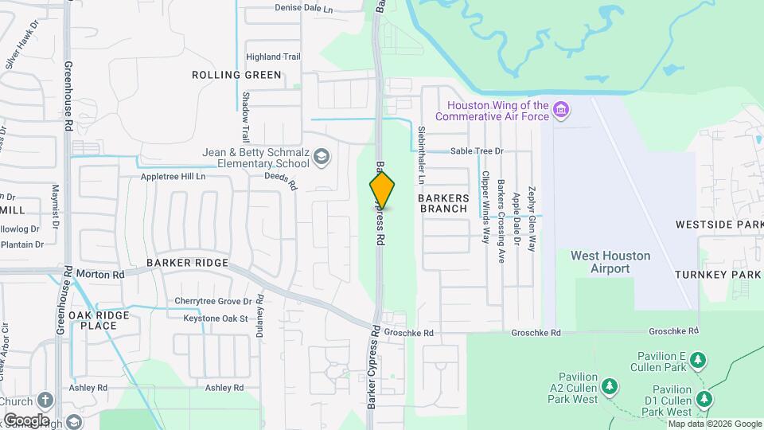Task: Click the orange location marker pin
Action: point(382,190)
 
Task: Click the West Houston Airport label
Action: point(610,262)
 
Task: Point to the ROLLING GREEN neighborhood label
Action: point(236,75)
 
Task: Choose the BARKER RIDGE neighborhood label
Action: point(188,263)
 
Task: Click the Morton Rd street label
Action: point(100,274)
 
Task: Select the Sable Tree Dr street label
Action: point(477,150)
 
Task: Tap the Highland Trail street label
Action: point(273,57)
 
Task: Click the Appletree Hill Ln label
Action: point(173,176)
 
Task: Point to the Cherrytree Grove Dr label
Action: point(213,302)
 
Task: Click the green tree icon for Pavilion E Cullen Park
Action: point(698,360)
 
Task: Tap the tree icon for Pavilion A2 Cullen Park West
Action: point(610,387)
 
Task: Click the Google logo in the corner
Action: point(26,420)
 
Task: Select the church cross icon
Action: point(45,399)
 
